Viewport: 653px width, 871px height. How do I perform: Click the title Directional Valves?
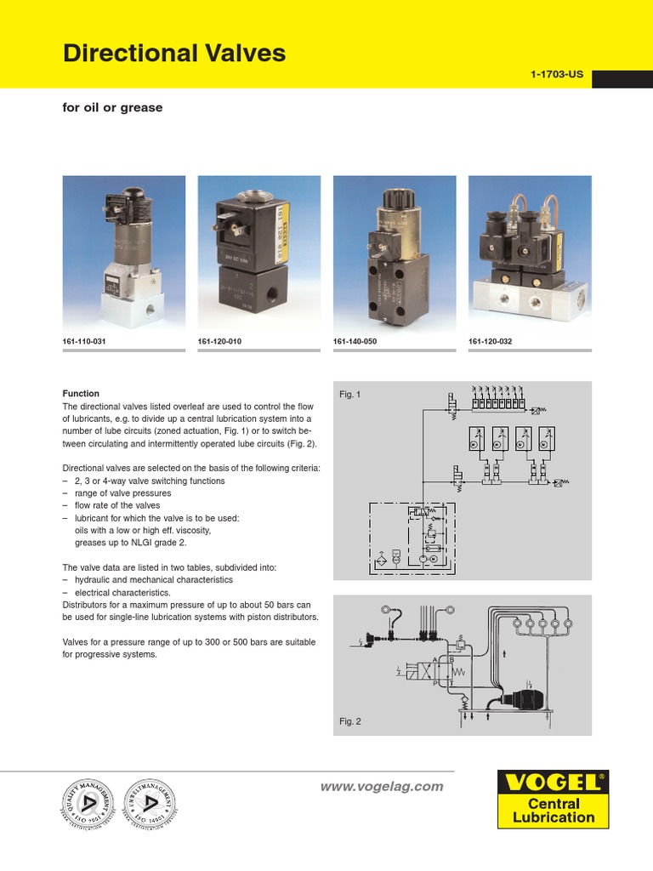(174, 54)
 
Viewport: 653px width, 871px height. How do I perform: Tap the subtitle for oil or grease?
(112, 108)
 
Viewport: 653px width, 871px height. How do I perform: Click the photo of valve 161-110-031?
(123, 253)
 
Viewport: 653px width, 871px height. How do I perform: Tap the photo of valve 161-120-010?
(258, 253)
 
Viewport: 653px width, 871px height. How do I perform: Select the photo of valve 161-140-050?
(394, 253)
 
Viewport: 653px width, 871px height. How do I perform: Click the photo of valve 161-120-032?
(529, 253)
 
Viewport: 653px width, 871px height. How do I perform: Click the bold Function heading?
(82, 394)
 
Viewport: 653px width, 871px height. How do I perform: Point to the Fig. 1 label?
(350, 395)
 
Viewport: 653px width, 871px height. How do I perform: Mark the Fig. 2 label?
(350, 721)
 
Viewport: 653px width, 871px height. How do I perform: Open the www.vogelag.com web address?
(382, 787)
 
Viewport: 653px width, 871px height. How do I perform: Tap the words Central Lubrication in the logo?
(554, 811)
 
